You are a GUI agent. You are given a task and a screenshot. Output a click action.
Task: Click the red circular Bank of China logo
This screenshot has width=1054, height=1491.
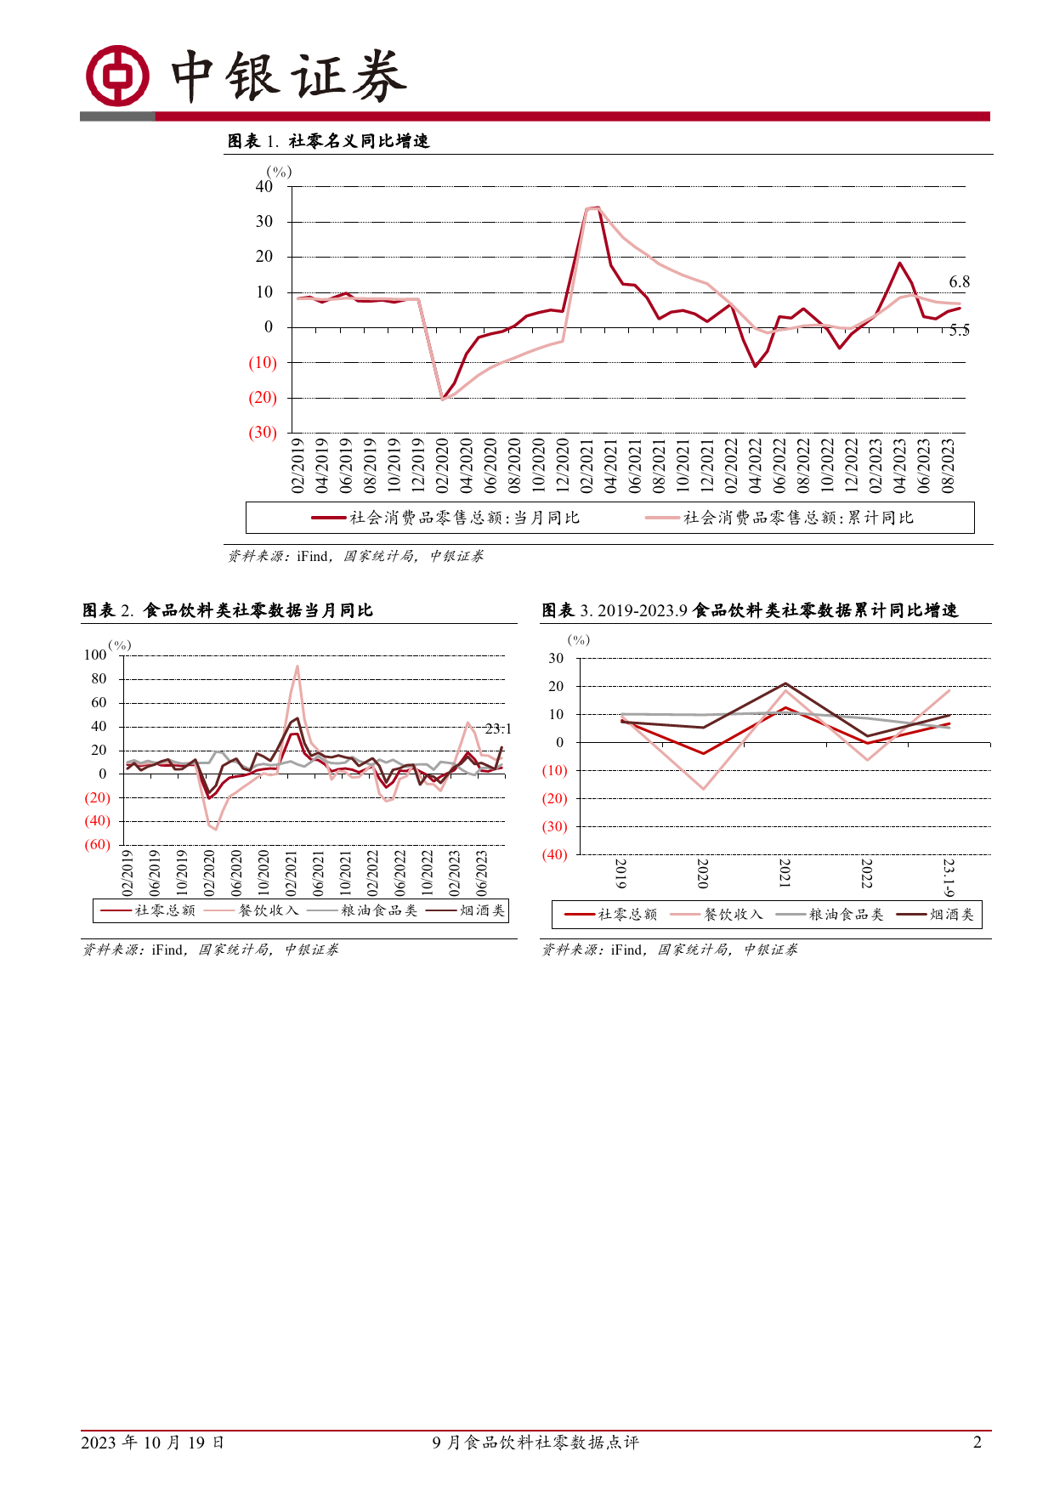[118, 76]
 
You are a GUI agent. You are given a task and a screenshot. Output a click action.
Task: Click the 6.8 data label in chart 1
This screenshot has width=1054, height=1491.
[959, 282]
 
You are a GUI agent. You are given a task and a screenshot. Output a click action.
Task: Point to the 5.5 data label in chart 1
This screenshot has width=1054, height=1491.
[959, 331]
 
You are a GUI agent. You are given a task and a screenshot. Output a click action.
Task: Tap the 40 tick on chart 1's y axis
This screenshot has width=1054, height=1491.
[264, 187]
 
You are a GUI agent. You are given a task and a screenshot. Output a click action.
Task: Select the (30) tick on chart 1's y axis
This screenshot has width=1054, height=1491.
[263, 433]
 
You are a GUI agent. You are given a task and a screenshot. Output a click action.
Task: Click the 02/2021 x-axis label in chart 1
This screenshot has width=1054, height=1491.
[586, 465]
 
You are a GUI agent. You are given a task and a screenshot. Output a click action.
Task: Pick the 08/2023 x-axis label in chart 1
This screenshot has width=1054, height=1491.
[949, 465]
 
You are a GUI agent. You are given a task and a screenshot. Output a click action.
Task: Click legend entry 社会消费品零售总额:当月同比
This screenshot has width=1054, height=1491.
[445, 518]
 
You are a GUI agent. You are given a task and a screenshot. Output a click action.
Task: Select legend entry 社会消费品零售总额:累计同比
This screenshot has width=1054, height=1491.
[779, 518]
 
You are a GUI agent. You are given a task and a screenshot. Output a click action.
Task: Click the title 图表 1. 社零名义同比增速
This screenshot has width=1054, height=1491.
[328, 141]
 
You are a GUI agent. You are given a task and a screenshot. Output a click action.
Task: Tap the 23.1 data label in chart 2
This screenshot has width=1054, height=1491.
[498, 729]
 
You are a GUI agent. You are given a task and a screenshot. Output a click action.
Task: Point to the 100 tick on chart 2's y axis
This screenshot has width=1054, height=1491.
[95, 655]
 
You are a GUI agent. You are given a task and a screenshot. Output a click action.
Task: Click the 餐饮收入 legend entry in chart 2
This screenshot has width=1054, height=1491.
[252, 910]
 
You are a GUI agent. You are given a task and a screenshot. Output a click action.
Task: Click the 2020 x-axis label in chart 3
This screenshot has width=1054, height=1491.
[703, 873]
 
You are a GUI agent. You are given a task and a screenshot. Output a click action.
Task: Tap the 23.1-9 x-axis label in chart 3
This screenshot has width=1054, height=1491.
[949, 877]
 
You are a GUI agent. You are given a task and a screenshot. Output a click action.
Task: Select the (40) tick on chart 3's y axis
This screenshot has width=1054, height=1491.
[554, 855]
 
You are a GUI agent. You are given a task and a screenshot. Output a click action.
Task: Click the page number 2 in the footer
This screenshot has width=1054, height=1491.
[977, 1443]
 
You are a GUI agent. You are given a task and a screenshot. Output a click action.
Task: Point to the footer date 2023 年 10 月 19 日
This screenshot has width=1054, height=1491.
[153, 1443]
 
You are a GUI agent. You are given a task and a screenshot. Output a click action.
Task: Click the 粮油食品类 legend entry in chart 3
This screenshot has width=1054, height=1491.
[830, 915]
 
